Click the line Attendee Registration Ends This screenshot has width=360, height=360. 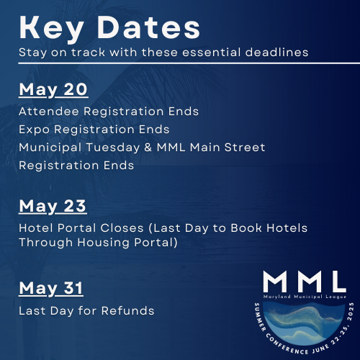pos(109,112)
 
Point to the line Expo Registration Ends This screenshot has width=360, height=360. pos(94,129)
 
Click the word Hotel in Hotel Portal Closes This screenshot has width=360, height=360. pos(34,228)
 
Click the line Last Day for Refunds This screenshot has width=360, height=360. pos(86,310)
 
